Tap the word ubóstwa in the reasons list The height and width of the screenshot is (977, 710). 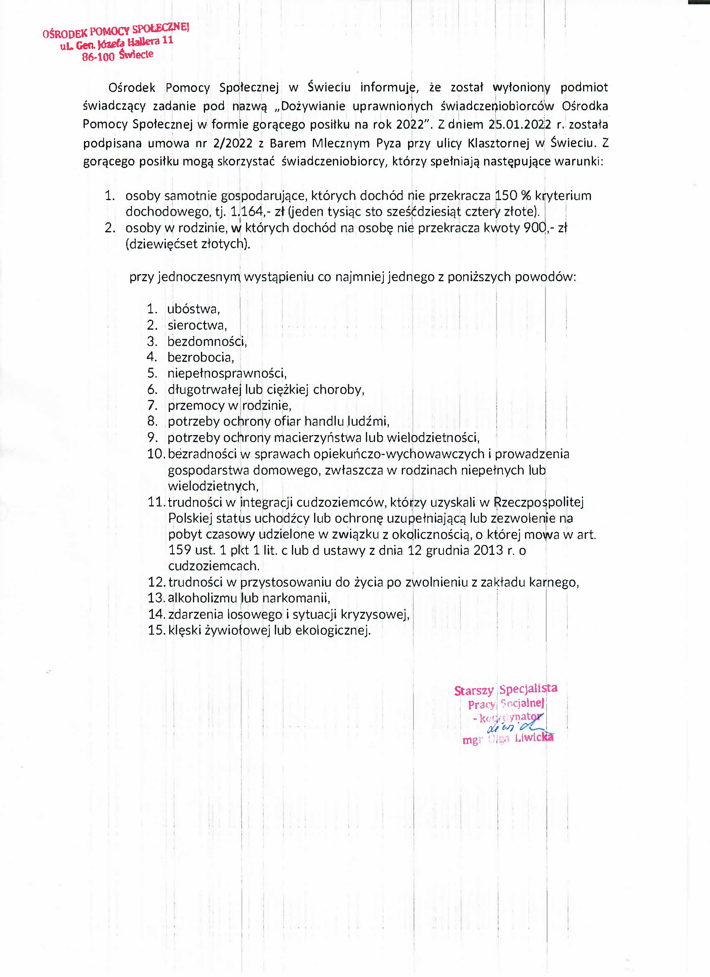(x=193, y=309)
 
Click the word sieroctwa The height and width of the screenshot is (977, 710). (x=197, y=325)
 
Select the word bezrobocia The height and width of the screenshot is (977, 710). (x=200, y=357)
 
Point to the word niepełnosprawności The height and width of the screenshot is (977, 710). (x=226, y=373)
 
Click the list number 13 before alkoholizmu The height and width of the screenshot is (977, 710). (x=156, y=598)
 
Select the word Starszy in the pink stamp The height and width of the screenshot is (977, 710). (x=474, y=690)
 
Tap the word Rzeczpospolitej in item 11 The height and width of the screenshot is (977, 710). (x=538, y=502)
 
